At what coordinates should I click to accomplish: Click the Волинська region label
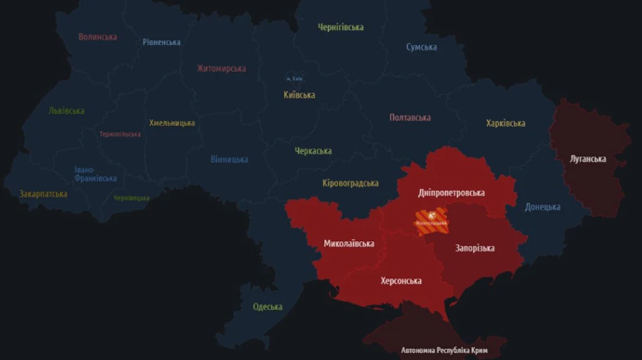click(98, 36)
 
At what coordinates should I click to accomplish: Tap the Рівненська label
click(161, 42)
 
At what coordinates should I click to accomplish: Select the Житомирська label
click(221, 68)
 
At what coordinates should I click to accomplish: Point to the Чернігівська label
click(340, 27)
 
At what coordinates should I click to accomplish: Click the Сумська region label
click(422, 47)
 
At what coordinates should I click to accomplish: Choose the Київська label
click(299, 95)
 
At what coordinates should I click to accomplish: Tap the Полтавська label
click(409, 118)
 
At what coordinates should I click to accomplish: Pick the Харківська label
click(505, 123)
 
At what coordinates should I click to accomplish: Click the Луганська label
click(588, 159)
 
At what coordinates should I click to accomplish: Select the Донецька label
click(542, 207)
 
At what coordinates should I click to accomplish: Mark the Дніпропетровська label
click(451, 193)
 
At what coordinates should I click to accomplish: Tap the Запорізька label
click(474, 248)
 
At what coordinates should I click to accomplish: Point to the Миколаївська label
click(349, 244)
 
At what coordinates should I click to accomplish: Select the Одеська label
click(267, 307)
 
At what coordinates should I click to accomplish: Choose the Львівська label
click(66, 110)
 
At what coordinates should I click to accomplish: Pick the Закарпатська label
click(44, 194)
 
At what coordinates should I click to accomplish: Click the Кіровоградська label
click(350, 183)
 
